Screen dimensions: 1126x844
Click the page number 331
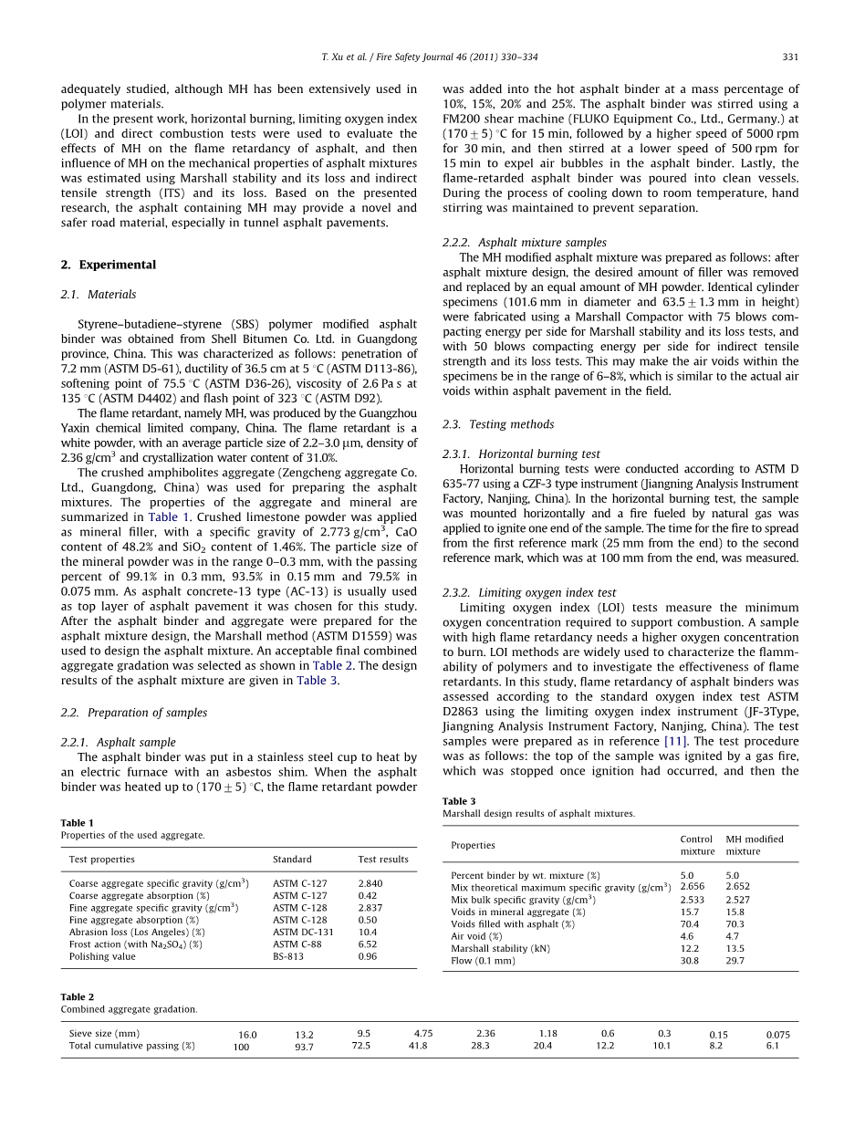click(790, 57)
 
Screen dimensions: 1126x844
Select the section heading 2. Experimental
click(108, 265)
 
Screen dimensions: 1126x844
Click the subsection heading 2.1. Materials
click(99, 295)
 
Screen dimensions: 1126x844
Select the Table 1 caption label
click(77, 823)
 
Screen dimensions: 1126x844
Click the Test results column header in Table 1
click(383, 860)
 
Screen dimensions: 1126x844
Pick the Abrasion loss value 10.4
click(367, 933)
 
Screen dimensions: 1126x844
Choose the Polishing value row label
click(102, 956)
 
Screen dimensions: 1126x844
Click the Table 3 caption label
click(459, 801)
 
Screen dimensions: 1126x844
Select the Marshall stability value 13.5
click(735, 949)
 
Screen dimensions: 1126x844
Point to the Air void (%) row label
click(476, 936)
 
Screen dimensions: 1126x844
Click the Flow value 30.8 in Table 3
click(689, 961)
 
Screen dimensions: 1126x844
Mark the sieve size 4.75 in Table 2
click(422, 1034)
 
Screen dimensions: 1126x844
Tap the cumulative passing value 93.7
click(304, 1047)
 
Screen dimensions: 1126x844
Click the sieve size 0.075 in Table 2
click(777, 1035)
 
